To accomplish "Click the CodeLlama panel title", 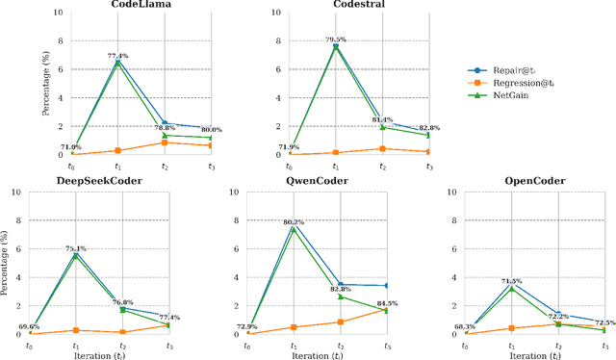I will coord(116,6).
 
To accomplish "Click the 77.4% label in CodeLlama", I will coord(117,56).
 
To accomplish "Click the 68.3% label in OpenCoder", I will coord(467,326).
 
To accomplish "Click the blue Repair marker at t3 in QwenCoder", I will coord(387,286).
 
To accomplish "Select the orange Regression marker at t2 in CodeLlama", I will coord(165,142).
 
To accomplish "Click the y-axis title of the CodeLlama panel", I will coord(46,84).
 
